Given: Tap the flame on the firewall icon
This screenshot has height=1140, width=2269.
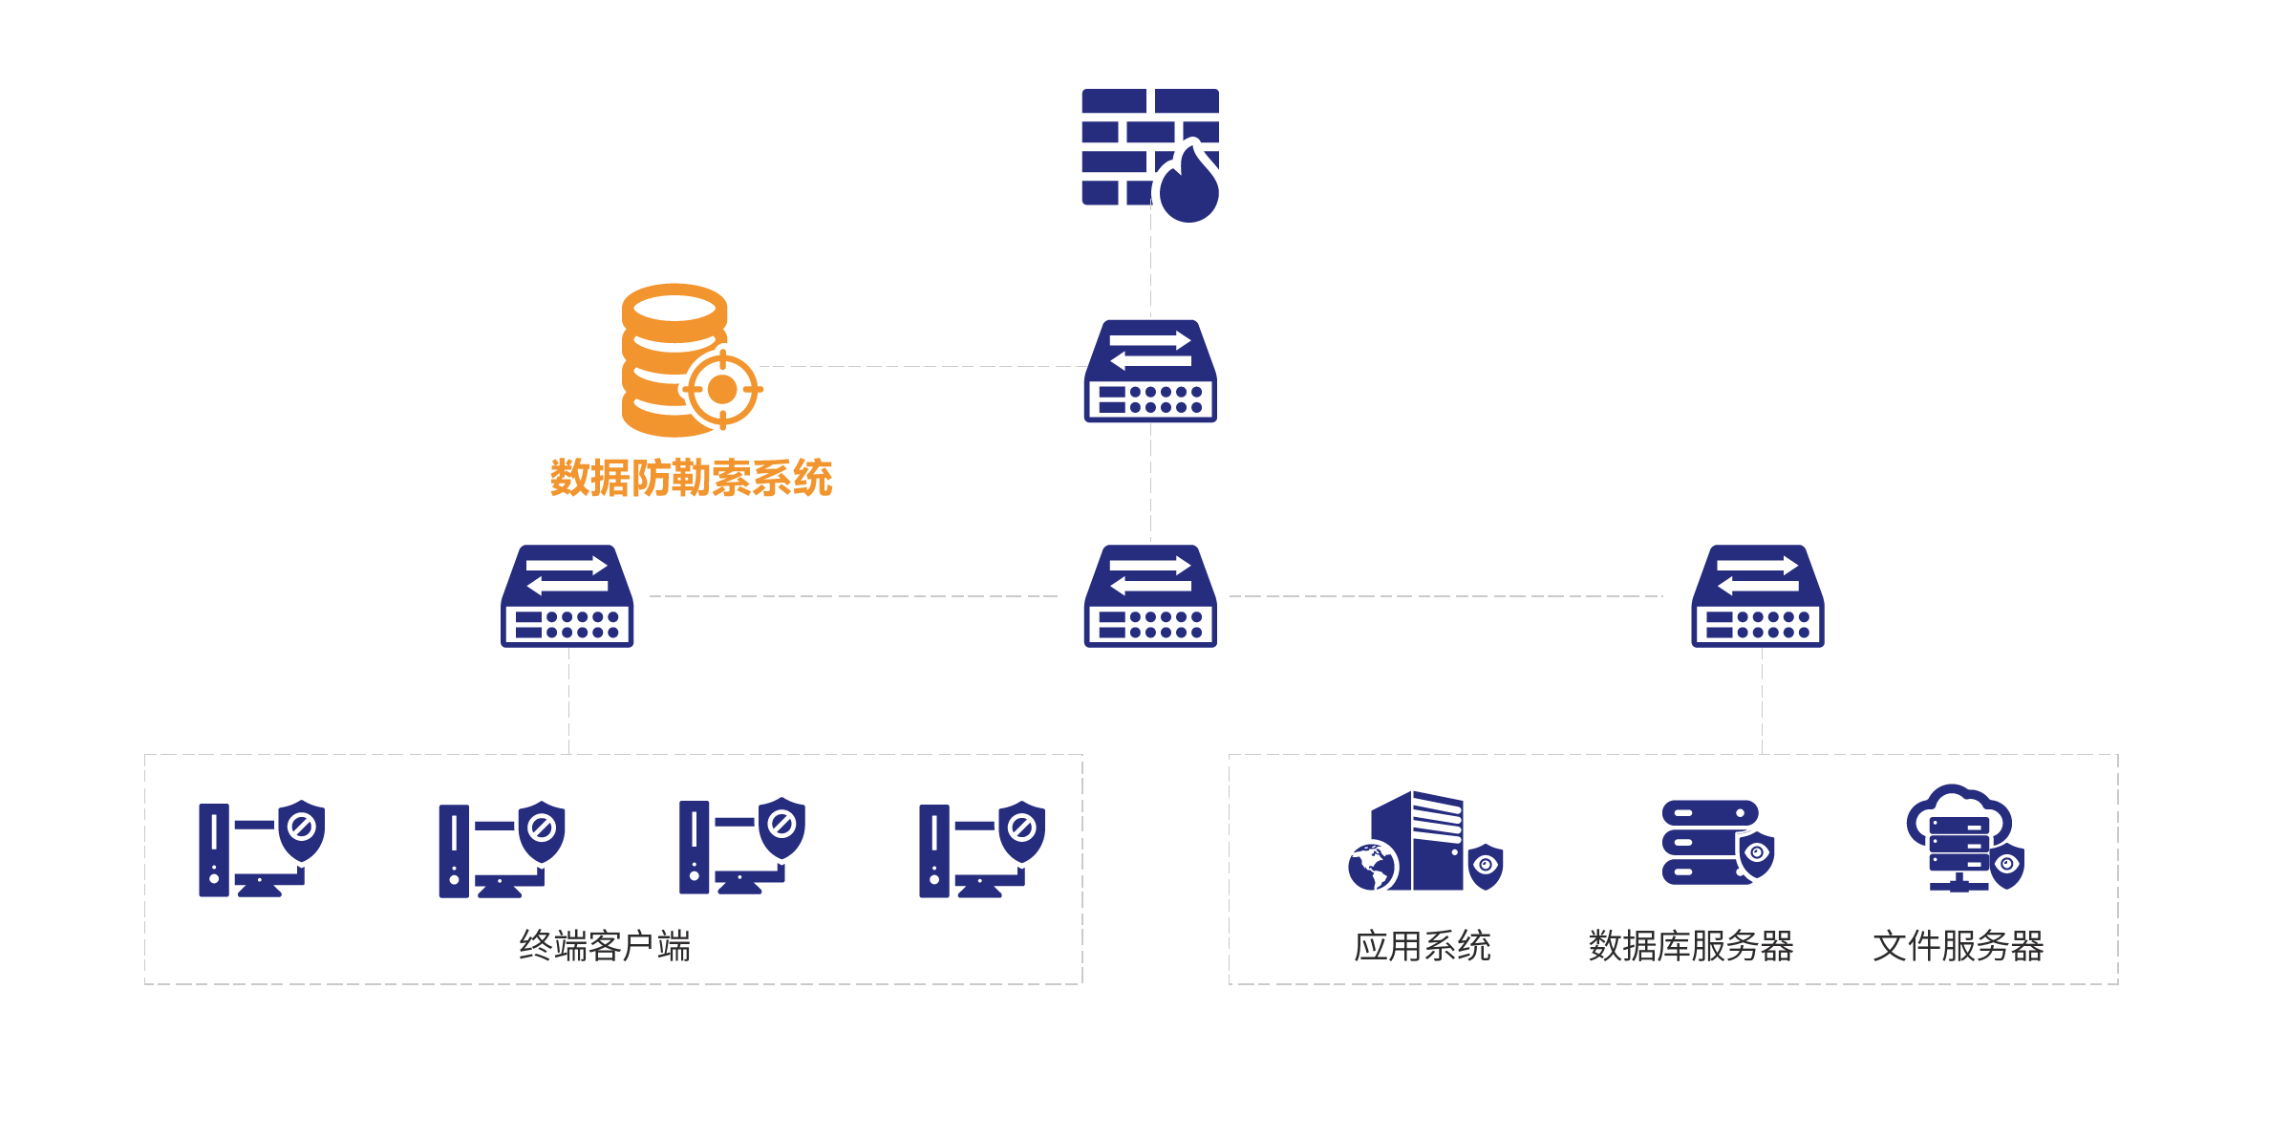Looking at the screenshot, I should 1189,186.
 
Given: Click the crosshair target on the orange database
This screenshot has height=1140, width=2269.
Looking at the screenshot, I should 722,390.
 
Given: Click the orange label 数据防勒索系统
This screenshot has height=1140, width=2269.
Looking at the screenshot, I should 691,478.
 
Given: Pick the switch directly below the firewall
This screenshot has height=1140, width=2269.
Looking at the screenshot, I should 1150,372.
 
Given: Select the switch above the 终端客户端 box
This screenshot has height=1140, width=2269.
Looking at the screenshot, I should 567,596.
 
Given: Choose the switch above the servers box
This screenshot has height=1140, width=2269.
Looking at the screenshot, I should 1758,596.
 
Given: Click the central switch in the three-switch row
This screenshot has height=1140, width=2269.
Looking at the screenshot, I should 1150,596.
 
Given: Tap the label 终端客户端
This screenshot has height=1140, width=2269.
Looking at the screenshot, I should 605,946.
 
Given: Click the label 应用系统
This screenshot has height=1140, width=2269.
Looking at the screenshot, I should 1423,946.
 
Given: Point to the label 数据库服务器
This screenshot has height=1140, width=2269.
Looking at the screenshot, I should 1691,946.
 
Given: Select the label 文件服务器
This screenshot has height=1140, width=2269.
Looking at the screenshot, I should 1959,946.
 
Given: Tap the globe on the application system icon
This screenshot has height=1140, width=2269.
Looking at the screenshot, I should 1372,868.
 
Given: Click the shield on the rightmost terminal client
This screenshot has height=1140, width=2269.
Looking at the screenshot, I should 1021,828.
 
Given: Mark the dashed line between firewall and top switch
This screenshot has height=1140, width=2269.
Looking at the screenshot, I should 1150,272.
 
